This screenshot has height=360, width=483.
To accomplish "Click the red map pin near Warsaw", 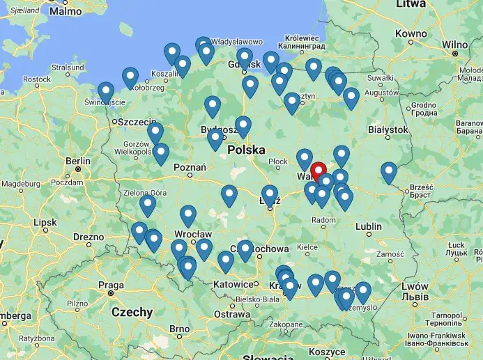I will tap(319, 171).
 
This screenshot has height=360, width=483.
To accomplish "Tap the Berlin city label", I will tap(77, 162).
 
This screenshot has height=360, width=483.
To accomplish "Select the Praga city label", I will tap(111, 285).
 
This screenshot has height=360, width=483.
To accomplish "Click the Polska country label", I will tap(246, 150).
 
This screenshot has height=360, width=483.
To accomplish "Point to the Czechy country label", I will tap(132, 312).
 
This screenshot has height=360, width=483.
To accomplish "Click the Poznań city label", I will tap(190, 167).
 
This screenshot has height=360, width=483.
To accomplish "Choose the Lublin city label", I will tap(368, 226).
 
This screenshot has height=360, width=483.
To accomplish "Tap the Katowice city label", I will tap(233, 284).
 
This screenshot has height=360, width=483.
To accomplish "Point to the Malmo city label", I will tap(66, 11).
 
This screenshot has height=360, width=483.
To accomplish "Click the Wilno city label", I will tap(454, 45).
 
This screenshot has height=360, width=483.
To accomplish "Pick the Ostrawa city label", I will tap(231, 314).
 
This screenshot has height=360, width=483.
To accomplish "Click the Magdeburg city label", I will tap(21, 184).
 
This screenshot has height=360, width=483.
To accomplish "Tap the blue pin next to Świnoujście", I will tap(106, 92).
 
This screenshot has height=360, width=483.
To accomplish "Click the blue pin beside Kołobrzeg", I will tap(130, 77).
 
